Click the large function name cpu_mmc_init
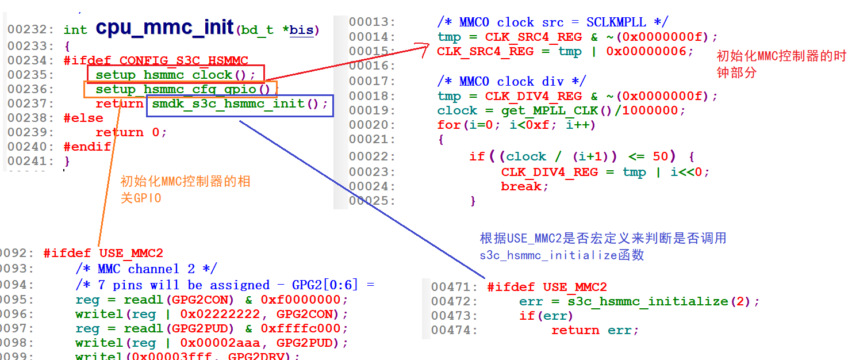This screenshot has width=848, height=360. coord(164,28)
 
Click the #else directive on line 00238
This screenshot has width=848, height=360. coord(83,118)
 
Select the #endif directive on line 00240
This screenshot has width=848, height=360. coord(87,147)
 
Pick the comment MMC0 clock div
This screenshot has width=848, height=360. coord(511,81)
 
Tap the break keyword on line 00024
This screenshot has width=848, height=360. coord(520,186)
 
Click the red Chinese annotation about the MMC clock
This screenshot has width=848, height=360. coord(781,64)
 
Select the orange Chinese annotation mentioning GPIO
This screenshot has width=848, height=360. coord(185,190)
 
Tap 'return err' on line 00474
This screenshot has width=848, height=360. coord(591,330)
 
